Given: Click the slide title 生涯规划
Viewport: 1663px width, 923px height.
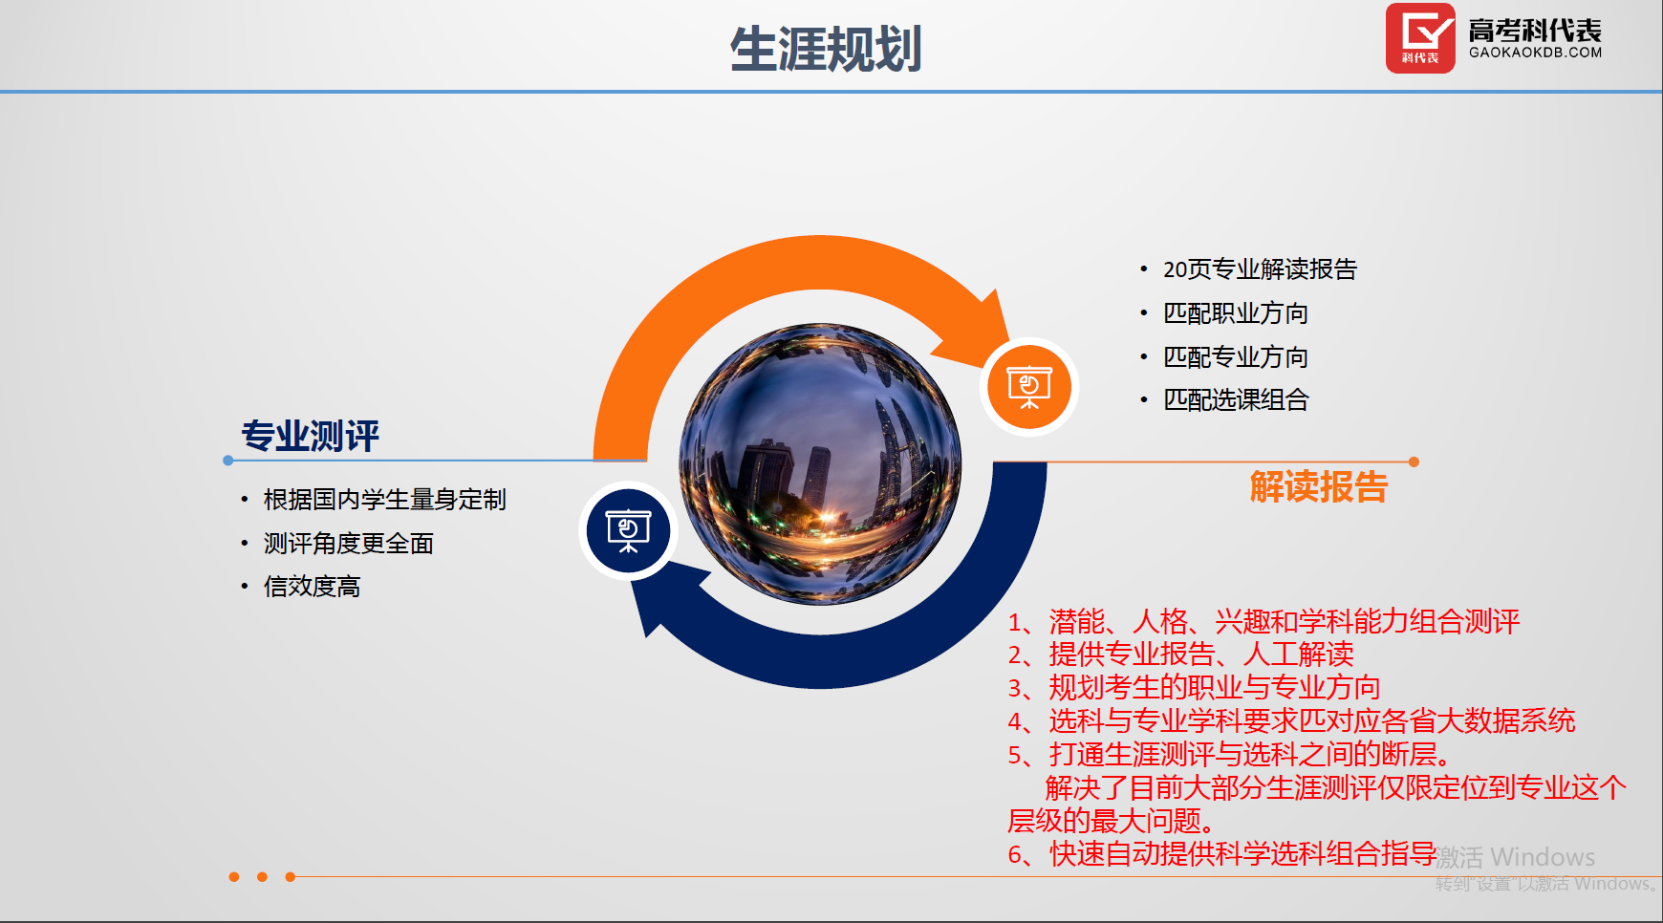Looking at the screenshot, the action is coord(826,49).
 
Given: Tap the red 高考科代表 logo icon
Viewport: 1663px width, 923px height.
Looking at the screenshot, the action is coord(1420,38).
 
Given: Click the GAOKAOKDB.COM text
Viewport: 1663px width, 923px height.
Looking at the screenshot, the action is coord(1535,53).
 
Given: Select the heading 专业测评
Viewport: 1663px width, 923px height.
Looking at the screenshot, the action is coord(311,436).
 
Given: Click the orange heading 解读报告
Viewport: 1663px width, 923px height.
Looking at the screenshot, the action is coord(1319,486).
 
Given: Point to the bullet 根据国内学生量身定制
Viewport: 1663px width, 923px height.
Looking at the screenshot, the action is coord(385,500).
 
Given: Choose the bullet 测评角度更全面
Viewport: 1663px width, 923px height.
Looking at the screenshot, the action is coord(349,544).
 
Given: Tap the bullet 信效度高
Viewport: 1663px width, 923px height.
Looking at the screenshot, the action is coord(313,587).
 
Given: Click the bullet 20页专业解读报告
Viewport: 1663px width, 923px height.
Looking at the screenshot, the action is coord(1260,269).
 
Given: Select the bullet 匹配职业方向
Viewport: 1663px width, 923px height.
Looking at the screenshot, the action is coord(1236,313).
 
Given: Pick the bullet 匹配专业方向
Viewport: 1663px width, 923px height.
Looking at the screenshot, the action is coord(1236,357).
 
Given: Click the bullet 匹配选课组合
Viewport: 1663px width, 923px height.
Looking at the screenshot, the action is coord(1236,400).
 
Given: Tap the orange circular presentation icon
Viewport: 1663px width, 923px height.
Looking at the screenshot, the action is coord(1029,387).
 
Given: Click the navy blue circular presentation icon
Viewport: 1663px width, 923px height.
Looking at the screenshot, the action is coord(628,530).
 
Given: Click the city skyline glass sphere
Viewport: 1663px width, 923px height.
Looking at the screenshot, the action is coord(820,464).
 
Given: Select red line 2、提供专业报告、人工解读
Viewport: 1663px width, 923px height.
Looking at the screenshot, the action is coord(1180,655).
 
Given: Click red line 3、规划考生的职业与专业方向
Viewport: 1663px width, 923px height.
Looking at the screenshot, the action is coord(1194,688).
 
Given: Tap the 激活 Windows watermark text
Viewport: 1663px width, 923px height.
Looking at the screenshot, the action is coord(1515,857).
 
